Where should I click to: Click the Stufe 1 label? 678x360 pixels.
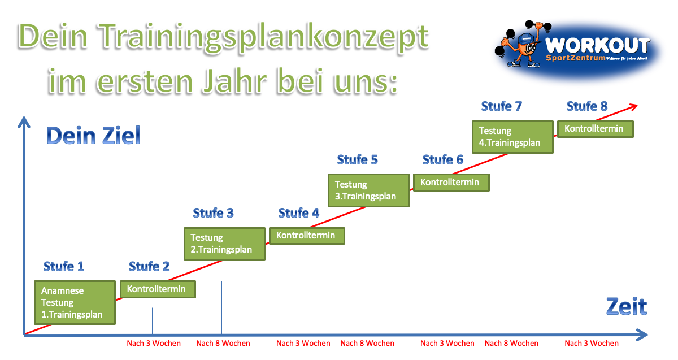[x=63, y=266]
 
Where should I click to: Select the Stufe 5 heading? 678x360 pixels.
[x=358, y=159]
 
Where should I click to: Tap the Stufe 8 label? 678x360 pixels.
[x=587, y=106]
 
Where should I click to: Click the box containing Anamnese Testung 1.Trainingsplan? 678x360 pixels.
[x=75, y=302]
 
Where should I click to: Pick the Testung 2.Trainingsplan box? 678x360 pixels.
[x=225, y=244]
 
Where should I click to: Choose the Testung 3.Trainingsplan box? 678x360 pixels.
[x=368, y=190]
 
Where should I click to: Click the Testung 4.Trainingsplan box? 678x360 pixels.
[x=513, y=137]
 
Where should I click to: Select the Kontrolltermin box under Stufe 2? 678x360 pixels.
[x=158, y=289]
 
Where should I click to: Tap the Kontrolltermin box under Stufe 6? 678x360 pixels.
[x=451, y=183]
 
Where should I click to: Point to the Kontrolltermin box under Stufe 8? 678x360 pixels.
[x=596, y=129]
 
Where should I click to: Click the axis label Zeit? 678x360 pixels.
[x=627, y=307]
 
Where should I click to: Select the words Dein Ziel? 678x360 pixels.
[x=94, y=135]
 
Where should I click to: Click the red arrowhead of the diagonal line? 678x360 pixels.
[x=633, y=107]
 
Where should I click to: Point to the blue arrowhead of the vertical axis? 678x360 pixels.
[x=24, y=122]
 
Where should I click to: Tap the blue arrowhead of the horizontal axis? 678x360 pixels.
[x=642, y=335]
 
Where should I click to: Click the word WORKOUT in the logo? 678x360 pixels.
[x=598, y=45]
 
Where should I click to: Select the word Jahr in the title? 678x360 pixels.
[x=234, y=81]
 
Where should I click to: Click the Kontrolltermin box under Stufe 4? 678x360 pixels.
[x=307, y=236]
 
